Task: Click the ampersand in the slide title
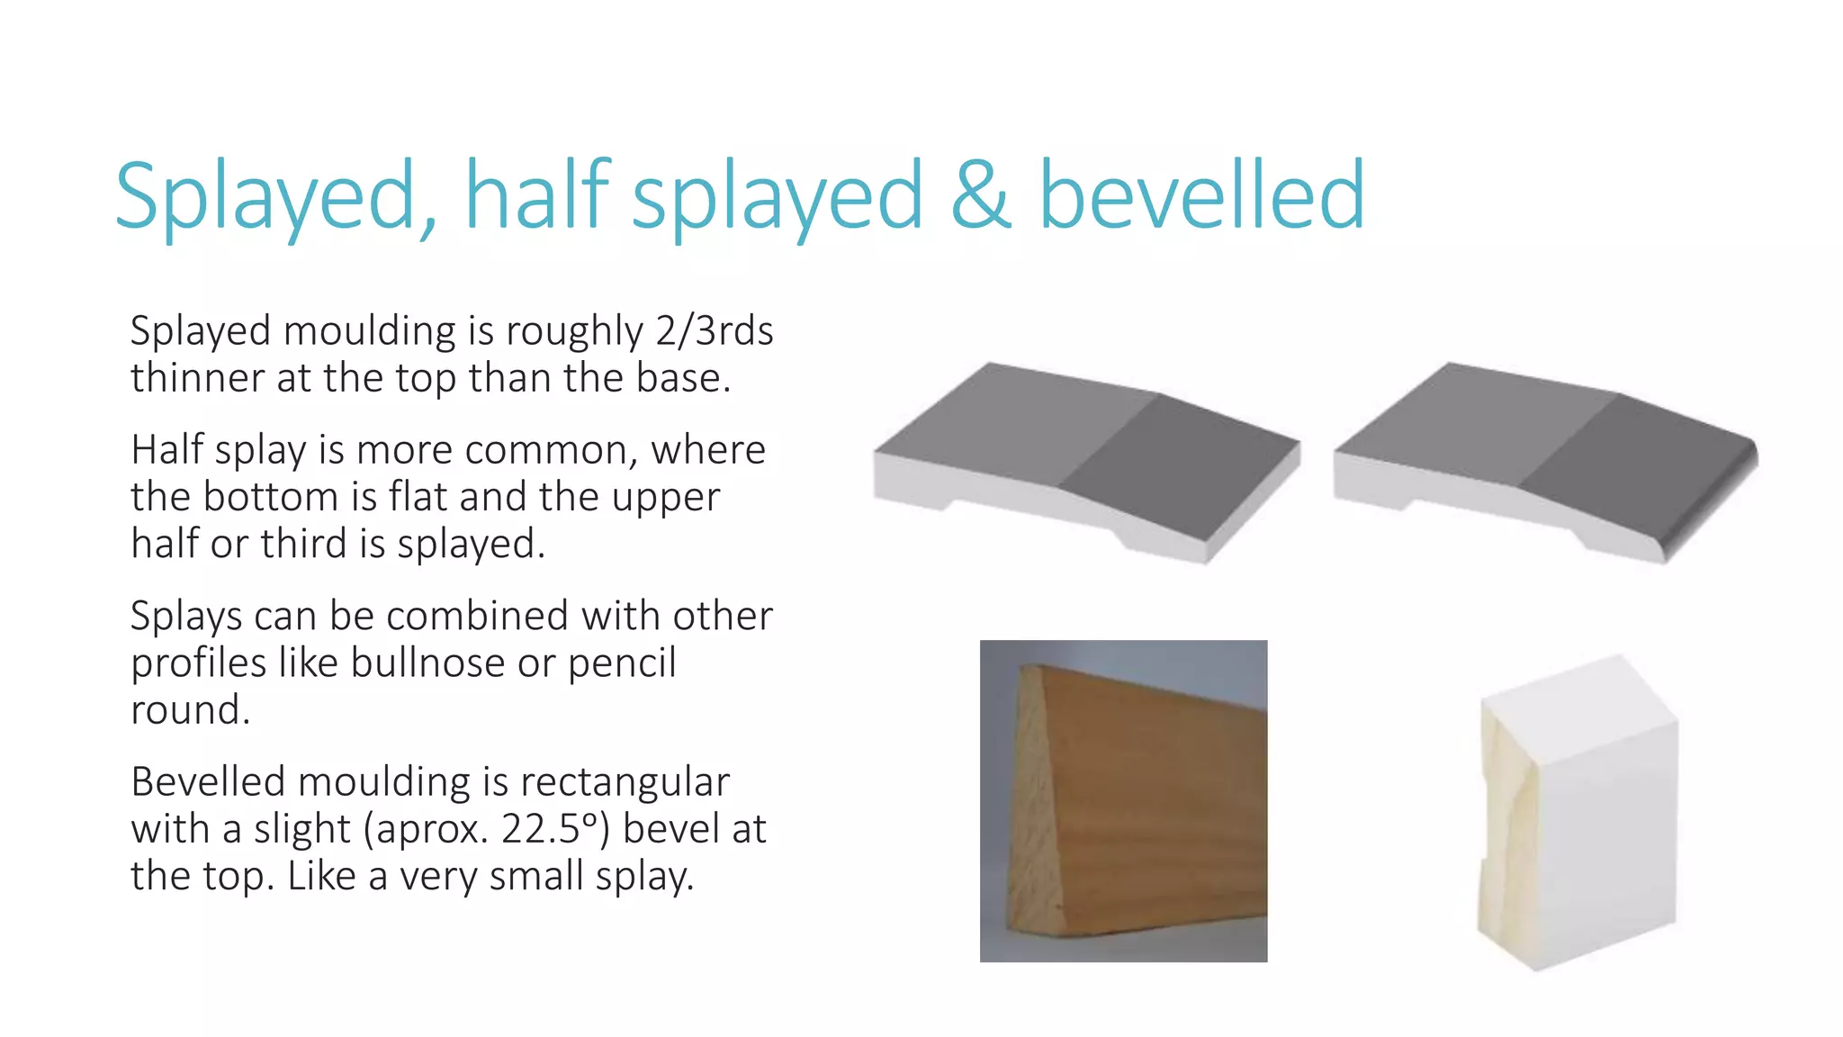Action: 980,195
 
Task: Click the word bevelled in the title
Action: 1201,195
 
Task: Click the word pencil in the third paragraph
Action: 622,663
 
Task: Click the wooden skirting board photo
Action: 1123,801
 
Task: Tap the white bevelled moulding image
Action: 1579,815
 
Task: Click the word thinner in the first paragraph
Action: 197,378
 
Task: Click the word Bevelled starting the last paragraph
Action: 207,782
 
